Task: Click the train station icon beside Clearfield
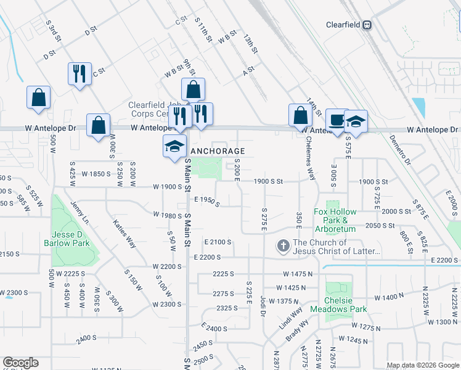[x=367, y=25]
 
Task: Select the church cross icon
[x=283, y=246]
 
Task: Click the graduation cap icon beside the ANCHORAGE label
[x=174, y=147]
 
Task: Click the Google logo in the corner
[x=20, y=363]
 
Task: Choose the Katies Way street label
[x=124, y=232]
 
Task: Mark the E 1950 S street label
[x=206, y=202]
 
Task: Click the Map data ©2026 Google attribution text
[x=422, y=365]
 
